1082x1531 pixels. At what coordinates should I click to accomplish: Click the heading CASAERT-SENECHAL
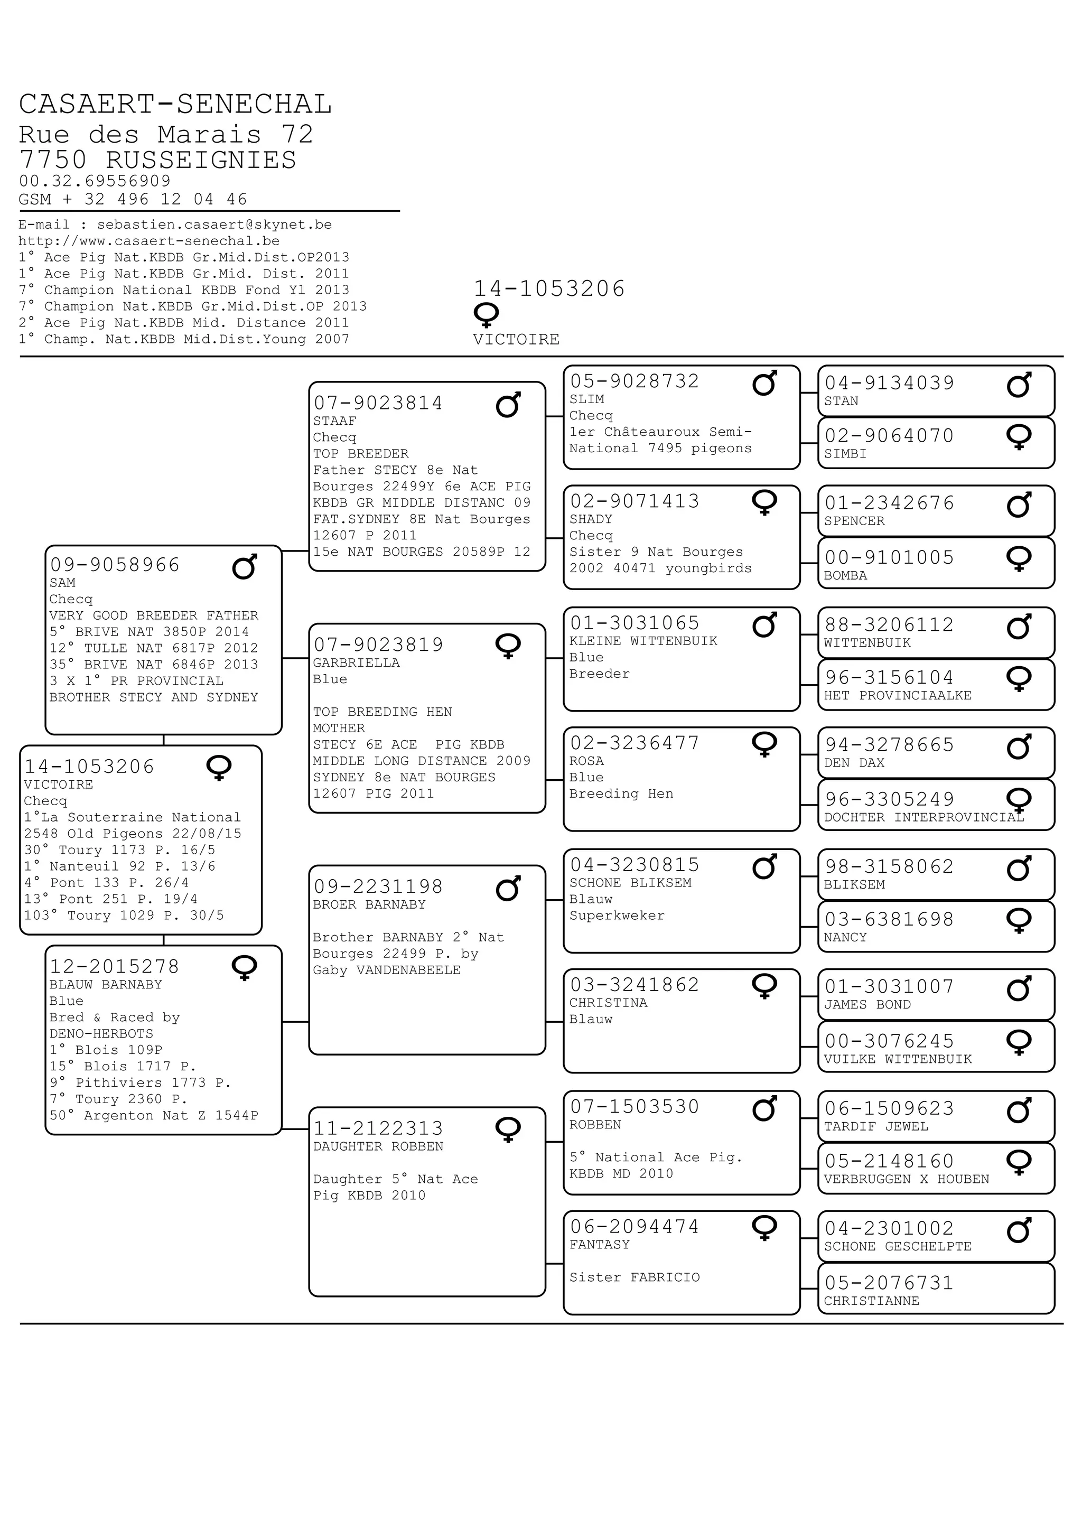click(x=175, y=105)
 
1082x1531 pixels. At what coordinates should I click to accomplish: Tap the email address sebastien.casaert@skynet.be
click(x=214, y=225)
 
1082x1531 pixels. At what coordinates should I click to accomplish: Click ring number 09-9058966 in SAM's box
click(x=115, y=565)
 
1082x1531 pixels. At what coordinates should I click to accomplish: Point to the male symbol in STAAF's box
click(x=508, y=404)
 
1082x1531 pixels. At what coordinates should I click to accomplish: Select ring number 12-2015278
click(x=115, y=966)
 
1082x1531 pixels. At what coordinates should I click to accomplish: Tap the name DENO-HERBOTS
click(x=101, y=1033)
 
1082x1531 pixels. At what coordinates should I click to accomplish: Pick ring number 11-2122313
click(x=379, y=1128)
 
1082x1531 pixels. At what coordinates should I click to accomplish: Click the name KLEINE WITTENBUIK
click(x=643, y=641)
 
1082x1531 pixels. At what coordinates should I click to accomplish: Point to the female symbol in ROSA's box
click(x=764, y=744)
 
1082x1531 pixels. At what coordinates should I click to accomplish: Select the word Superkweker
click(x=617, y=916)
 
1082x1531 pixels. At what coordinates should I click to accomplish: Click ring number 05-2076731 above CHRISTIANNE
click(x=889, y=1282)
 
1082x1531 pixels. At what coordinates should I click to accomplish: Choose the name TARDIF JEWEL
click(x=876, y=1126)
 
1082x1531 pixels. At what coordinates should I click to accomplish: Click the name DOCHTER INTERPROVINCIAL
click(x=924, y=817)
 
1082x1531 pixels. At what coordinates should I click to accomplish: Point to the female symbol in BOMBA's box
click(x=1019, y=559)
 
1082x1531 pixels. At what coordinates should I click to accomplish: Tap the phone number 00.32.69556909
click(x=95, y=181)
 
